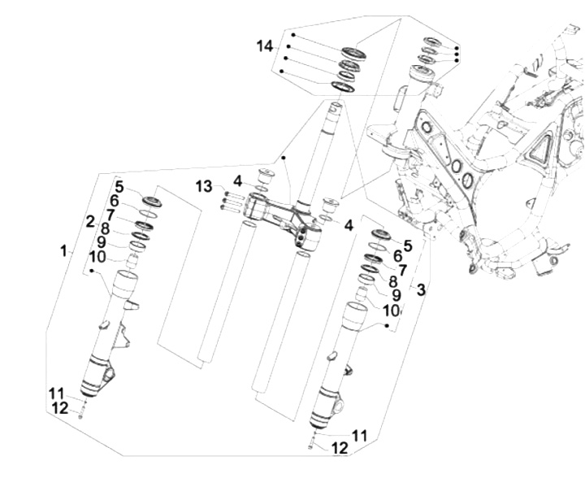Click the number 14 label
(x=265, y=46)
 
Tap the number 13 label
(x=203, y=188)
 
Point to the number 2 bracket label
(x=91, y=221)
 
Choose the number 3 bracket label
(x=421, y=289)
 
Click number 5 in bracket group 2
(x=119, y=185)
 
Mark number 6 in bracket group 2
(x=115, y=200)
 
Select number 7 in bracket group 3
(x=401, y=269)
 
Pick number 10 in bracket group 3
(x=391, y=310)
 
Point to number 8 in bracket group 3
(x=393, y=281)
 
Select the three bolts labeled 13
(x=231, y=201)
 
